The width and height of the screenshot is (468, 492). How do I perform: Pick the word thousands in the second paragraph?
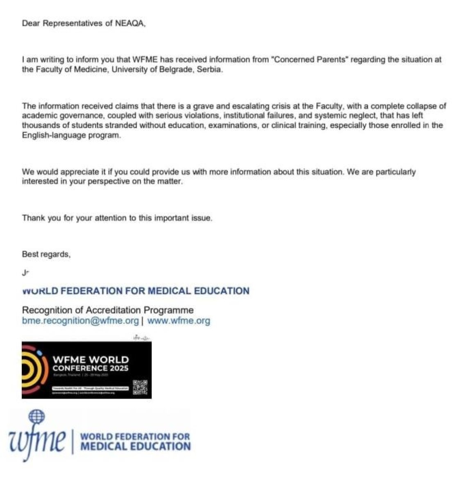click(x=39, y=125)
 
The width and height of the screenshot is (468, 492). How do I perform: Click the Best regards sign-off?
click(x=46, y=254)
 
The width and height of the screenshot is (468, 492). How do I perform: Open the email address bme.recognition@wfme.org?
click(x=80, y=321)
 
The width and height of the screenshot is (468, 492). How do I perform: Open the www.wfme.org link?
click(x=179, y=321)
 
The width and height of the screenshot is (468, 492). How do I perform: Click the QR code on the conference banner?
click(x=141, y=387)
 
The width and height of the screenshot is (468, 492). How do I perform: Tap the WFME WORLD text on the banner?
click(x=91, y=360)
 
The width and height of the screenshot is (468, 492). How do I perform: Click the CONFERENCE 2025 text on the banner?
click(x=91, y=368)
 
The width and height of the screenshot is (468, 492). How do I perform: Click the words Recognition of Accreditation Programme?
click(x=108, y=310)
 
